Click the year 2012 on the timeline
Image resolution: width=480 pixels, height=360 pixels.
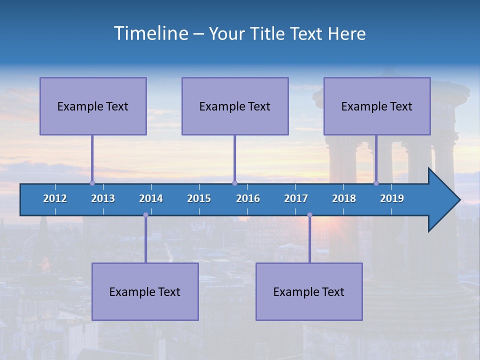click(55, 198)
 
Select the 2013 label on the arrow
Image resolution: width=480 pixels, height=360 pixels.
click(103, 198)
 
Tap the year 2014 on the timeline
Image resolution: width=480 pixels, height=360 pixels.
click(151, 198)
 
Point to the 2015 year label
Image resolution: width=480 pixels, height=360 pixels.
click(199, 198)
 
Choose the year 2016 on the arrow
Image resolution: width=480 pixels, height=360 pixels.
click(248, 198)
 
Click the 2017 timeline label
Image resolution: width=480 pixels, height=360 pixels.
click(296, 198)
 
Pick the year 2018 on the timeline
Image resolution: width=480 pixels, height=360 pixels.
click(344, 198)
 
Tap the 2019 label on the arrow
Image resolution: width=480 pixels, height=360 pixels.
click(392, 198)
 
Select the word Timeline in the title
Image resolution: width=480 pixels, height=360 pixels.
click(150, 33)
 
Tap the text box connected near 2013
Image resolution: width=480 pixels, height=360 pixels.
click(93, 106)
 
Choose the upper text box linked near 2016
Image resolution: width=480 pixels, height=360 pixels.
click(235, 106)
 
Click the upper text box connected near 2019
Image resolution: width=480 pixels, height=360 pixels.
click(377, 106)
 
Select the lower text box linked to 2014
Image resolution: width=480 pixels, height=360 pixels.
click(145, 291)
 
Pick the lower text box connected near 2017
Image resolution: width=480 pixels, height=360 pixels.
click(309, 291)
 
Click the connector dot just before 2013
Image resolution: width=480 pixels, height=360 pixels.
click(92, 183)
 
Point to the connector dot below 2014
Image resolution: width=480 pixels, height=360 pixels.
click(145, 215)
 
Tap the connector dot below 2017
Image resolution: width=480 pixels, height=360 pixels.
click(309, 215)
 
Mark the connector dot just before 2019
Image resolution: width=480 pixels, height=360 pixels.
click(376, 183)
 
